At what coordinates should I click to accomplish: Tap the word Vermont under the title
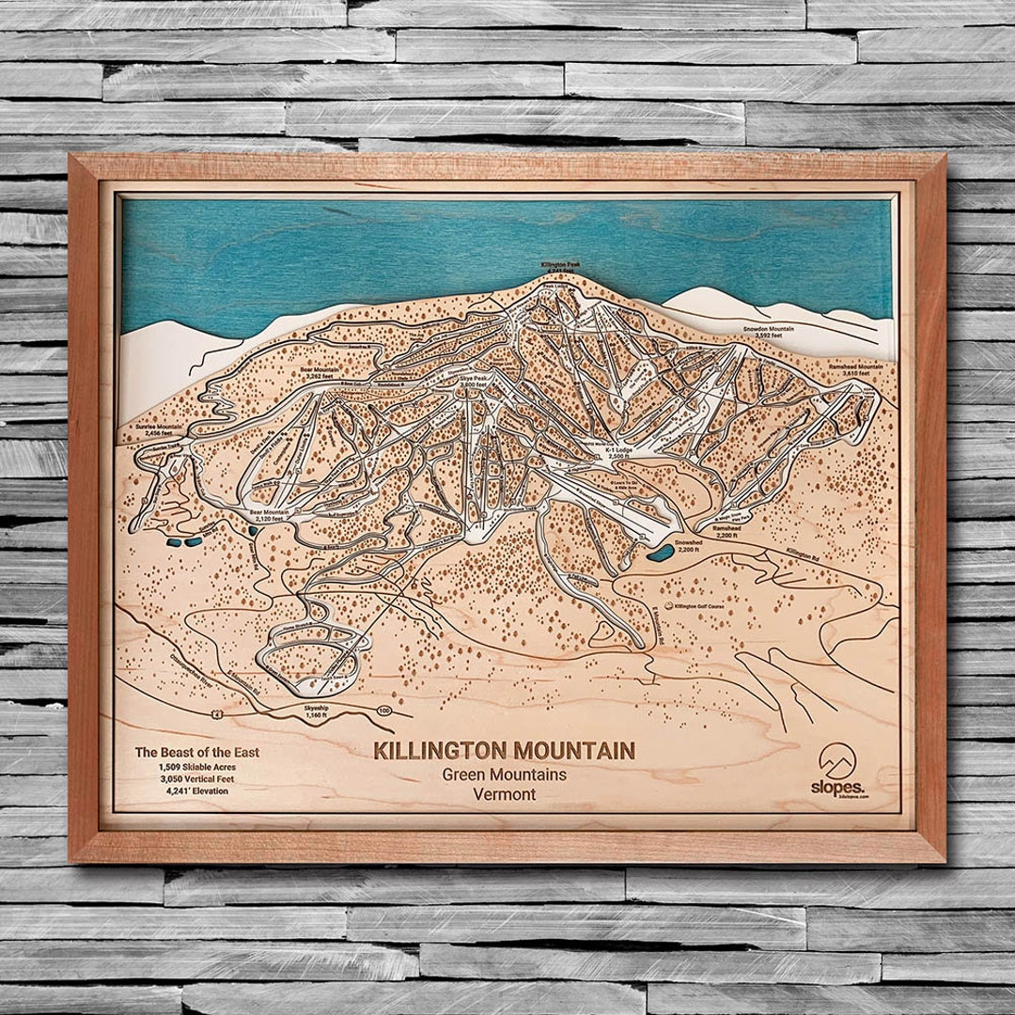pyautogui.click(x=505, y=794)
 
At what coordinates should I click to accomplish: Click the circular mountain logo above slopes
pyautogui.click(x=838, y=758)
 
